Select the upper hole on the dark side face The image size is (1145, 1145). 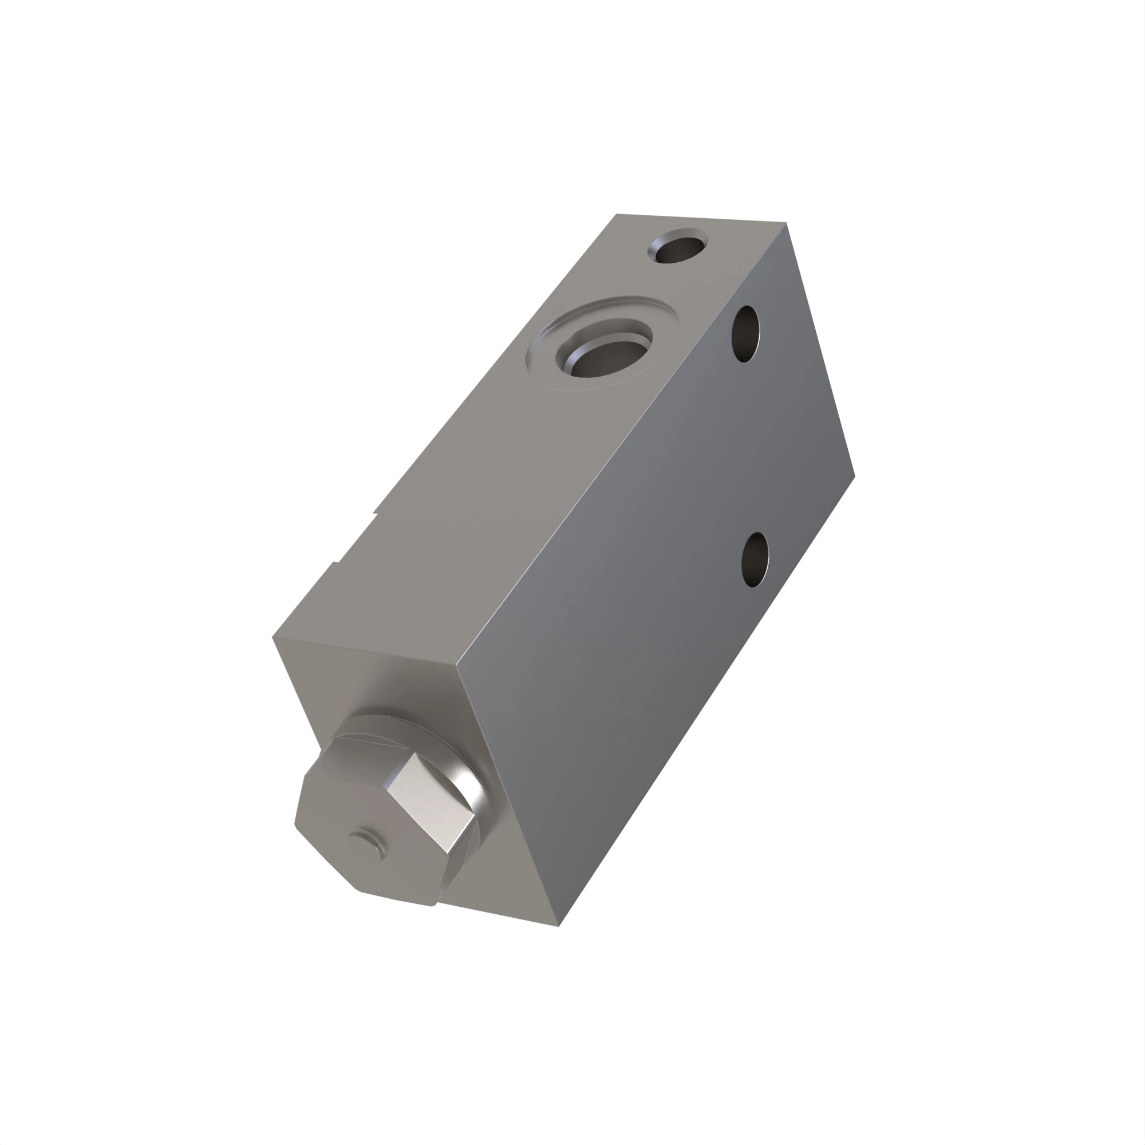pyautogui.click(x=745, y=334)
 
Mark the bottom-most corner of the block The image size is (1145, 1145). pyautogui.click(x=558, y=926)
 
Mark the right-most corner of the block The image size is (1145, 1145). pyautogui.click(x=854, y=475)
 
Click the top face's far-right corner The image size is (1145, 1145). pyautogui.click(x=785, y=223)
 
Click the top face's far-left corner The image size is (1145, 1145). pyautogui.click(x=617, y=215)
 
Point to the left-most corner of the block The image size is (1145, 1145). pyautogui.click(x=273, y=638)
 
